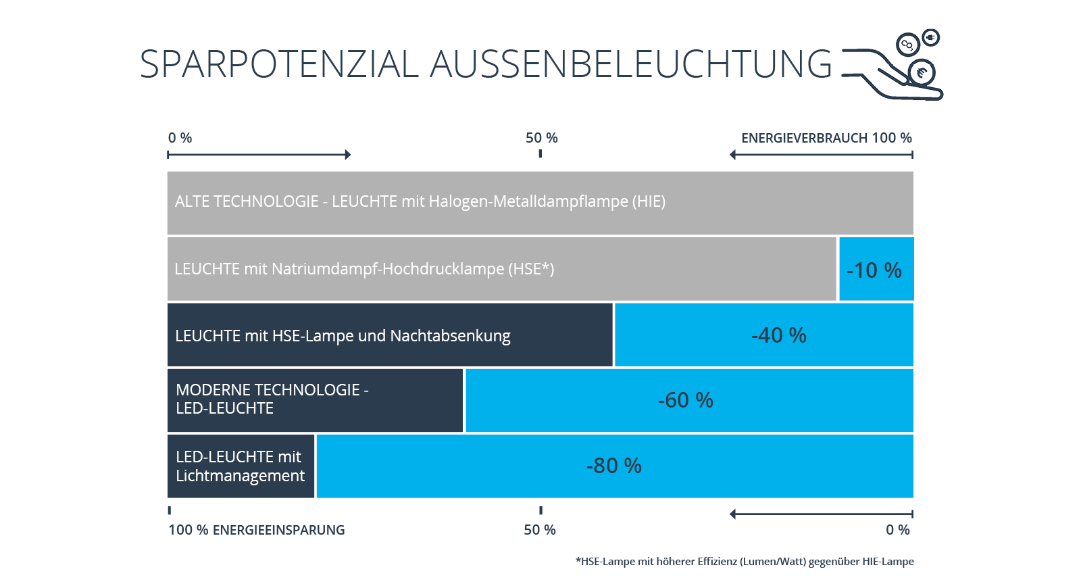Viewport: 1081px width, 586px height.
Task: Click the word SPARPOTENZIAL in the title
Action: click(279, 64)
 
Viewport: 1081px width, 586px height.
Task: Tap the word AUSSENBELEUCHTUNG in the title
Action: click(631, 64)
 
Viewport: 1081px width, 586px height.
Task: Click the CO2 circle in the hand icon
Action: click(907, 45)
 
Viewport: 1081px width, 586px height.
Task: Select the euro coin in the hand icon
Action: click(922, 73)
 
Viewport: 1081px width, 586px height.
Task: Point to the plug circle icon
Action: click(930, 38)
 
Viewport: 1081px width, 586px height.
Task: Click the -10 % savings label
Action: click(874, 270)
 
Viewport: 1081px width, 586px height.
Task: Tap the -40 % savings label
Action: click(779, 335)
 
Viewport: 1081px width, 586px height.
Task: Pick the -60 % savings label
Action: click(685, 400)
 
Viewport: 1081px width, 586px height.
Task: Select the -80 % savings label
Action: click(614, 466)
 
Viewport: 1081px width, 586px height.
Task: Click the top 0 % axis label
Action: click(180, 138)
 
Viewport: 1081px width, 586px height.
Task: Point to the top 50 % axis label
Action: click(541, 138)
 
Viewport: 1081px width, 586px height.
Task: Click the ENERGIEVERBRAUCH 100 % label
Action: click(827, 138)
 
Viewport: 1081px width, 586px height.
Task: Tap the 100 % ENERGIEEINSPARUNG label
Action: click(256, 530)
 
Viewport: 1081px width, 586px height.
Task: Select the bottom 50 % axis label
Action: click(540, 530)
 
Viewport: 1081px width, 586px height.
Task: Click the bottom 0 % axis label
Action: click(898, 530)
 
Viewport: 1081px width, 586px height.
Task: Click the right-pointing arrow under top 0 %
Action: click(259, 155)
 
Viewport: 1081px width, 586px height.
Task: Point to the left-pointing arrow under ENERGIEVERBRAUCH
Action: click(822, 155)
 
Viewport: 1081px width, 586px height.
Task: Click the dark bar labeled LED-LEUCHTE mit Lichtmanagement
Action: click(241, 466)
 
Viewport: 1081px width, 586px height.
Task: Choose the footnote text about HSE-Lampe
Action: click(745, 562)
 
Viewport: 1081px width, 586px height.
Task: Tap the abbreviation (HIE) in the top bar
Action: click(649, 201)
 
